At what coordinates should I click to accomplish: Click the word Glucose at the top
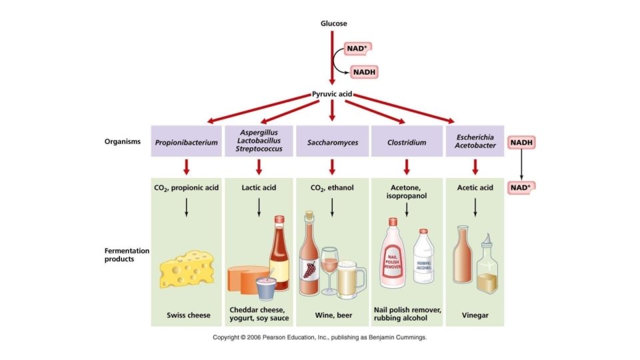(x=333, y=24)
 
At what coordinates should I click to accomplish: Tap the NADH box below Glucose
(x=367, y=72)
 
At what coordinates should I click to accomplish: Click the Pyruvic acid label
(x=332, y=95)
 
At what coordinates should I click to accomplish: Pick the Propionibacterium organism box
(x=187, y=142)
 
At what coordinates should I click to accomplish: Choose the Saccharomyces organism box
(x=332, y=142)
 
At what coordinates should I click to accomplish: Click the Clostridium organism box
(x=407, y=142)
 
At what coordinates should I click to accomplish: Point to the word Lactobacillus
(x=259, y=141)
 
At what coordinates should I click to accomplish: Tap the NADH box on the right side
(x=522, y=143)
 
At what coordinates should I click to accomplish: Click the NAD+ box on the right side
(x=522, y=187)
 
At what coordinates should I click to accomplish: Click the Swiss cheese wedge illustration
(x=187, y=267)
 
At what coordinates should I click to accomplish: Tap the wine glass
(x=329, y=270)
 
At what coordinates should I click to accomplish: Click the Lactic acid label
(x=259, y=188)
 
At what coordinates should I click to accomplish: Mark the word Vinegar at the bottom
(x=475, y=315)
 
